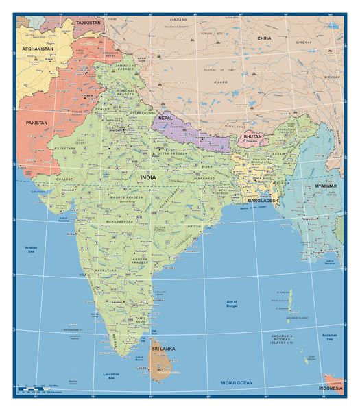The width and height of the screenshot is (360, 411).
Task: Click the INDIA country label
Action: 148,177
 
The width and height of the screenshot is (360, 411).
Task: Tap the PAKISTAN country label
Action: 37,123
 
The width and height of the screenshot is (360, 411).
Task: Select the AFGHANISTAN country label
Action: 37,49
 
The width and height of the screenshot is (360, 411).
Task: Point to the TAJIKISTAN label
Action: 88,23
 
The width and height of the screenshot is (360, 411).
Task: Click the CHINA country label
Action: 264,38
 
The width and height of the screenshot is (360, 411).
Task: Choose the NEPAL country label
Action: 166,118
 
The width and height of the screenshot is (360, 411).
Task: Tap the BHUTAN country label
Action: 253,138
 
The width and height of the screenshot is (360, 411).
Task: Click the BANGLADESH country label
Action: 263,201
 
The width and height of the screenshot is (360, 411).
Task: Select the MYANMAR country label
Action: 326,186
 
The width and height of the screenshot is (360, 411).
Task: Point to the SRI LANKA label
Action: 163,349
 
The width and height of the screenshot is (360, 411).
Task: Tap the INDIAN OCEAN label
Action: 237,382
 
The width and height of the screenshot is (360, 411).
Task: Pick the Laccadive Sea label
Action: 110,375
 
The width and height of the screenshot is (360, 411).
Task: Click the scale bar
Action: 41,389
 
